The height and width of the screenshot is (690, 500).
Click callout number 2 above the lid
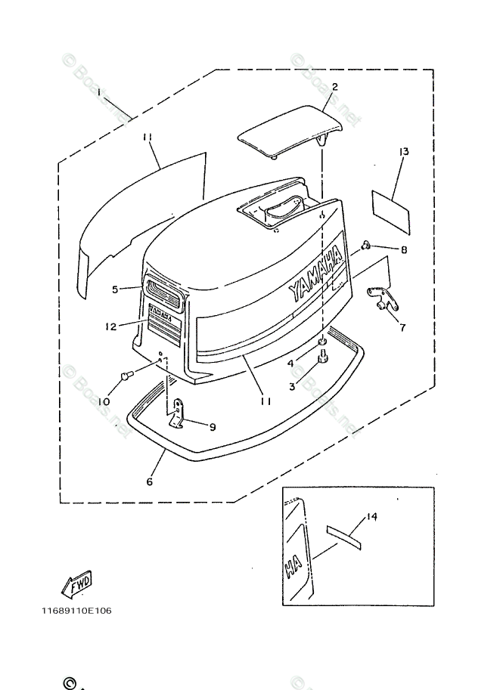(x=334, y=87)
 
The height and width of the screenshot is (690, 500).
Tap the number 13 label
(x=404, y=152)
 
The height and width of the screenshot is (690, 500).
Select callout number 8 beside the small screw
(x=404, y=249)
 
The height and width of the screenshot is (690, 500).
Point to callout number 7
(x=402, y=329)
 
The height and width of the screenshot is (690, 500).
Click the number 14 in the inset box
(x=371, y=517)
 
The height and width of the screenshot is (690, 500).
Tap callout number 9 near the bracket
(x=213, y=426)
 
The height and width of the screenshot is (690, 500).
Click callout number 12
(x=110, y=327)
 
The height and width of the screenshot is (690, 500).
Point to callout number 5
(x=115, y=289)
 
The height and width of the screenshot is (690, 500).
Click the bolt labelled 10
(x=126, y=374)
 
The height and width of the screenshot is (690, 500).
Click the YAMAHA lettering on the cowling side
(x=315, y=275)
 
